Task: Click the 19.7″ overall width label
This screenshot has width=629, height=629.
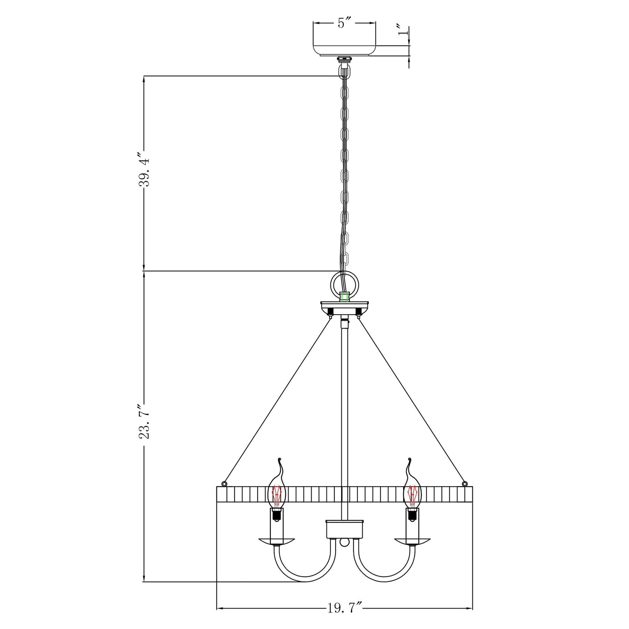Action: tap(344, 608)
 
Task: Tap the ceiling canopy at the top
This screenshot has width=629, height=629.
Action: tap(344, 45)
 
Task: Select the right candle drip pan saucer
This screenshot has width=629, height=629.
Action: tap(412, 541)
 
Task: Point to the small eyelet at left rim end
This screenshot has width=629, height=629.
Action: tap(224, 483)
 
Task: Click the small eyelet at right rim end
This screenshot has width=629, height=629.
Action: tap(465, 483)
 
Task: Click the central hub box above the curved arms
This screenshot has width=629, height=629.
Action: tap(344, 529)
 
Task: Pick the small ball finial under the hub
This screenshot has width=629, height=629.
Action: tap(344, 543)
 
